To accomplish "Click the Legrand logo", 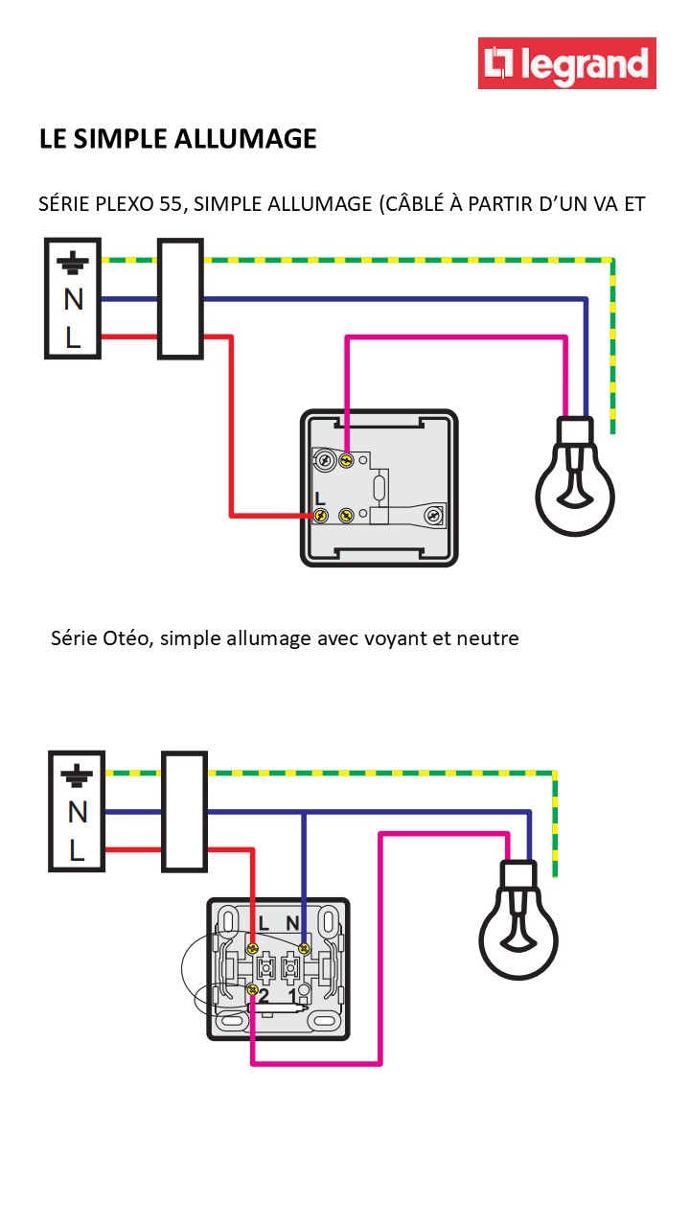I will (x=567, y=64).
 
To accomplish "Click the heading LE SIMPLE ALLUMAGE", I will (x=177, y=139).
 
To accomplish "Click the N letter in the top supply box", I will (x=74, y=300).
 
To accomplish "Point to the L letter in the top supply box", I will (x=74, y=336).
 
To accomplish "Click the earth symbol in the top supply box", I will (x=74, y=262).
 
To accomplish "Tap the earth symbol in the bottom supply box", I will (x=77, y=775).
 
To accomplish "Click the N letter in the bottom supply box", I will (x=77, y=813).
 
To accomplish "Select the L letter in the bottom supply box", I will (x=77, y=849).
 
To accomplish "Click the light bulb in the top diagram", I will (x=575, y=479).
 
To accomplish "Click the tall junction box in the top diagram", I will (x=180, y=299).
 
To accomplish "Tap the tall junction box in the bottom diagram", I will (x=184, y=812).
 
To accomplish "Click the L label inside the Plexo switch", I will (x=320, y=499).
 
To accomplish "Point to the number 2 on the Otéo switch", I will (x=263, y=997).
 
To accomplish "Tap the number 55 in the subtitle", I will (x=172, y=204).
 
